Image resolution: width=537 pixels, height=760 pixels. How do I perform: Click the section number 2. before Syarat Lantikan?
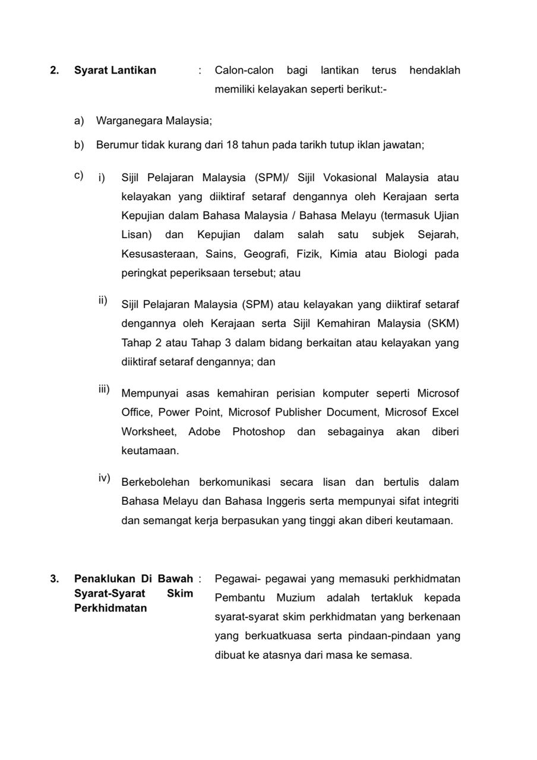coord(54,71)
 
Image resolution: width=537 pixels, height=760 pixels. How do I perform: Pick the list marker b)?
coord(79,145)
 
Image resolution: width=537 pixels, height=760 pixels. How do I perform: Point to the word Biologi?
coord(410,254)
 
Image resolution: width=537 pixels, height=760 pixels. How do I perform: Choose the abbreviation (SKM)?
coord(440,324)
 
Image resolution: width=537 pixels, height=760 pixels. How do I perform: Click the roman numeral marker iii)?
coord(104,389)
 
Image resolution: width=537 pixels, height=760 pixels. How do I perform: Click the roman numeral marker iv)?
coord(104,477)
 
